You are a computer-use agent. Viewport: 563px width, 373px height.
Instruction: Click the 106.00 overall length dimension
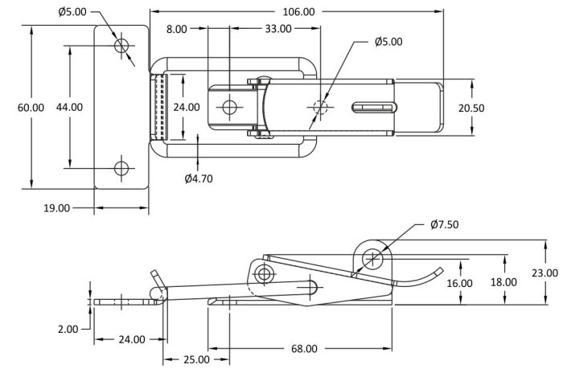(x=298, y=12)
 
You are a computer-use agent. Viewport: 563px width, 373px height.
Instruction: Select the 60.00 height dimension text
(x=31, y=108)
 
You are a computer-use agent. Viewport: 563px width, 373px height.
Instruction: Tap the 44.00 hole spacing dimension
(x=69, y=107)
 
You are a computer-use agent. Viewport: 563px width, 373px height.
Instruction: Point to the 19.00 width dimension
(x=57, y=208)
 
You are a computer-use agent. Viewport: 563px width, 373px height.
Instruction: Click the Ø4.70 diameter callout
(x=199, y=178)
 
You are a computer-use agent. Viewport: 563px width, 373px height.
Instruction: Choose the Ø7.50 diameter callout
(x=445, y=224)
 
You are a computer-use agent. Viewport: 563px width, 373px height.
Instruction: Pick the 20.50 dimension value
(x=471, y=108)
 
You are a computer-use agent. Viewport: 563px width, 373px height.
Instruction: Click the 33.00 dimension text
(x=278, y=29)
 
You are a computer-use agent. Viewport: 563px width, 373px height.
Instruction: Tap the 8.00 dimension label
(x=177, y=29)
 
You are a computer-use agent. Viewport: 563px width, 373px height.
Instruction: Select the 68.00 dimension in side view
(x=304, y=349)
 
